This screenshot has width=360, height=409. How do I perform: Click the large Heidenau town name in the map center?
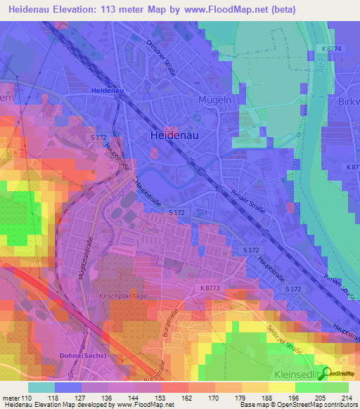[176, 136]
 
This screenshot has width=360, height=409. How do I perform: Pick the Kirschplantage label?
[123, 296]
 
